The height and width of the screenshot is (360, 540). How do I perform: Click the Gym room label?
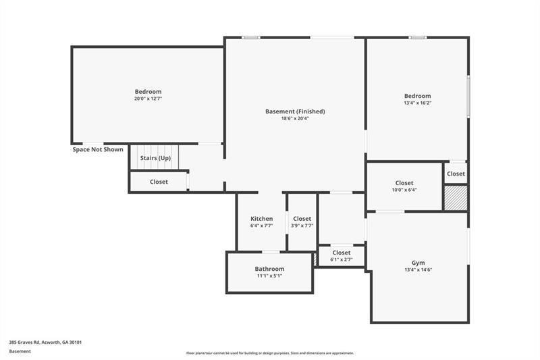418,263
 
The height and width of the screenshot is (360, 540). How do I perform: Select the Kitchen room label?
262,219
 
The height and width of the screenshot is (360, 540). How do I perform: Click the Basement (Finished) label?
295,111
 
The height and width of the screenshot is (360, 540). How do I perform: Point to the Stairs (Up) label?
155,158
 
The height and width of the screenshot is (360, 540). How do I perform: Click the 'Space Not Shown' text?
98,149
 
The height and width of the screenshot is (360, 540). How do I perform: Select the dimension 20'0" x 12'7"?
148,99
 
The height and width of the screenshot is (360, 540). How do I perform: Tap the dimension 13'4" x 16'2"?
417,103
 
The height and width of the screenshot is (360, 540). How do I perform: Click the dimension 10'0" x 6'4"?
404,190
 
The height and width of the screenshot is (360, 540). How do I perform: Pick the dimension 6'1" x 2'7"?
342,259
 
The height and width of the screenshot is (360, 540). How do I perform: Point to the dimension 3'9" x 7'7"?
302,226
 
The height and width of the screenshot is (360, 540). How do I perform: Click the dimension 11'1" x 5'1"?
269,276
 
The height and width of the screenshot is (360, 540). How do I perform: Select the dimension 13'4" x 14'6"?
418,270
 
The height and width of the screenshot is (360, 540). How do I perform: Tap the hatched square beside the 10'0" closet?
456,198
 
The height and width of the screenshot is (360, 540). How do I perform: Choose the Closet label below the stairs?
159,182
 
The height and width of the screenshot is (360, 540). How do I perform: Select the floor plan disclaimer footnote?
270,353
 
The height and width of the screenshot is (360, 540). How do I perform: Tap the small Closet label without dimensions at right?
456,174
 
